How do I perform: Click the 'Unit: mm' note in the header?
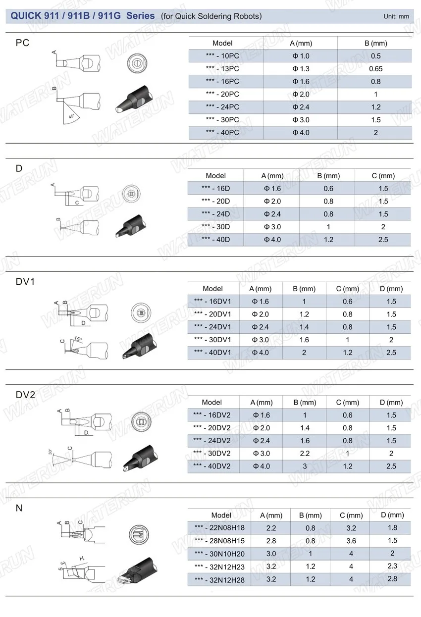click(396, 16)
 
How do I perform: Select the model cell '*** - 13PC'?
click(222, 69)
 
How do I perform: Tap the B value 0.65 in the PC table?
click(375, 69)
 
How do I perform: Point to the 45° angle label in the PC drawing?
click(71, 116)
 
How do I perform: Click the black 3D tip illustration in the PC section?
click(134, 99)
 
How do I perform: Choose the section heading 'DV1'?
click(25, 281)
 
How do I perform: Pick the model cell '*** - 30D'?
click(216, 227)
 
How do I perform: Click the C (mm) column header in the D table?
click(383, 176)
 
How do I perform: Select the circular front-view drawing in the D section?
click(131, 193)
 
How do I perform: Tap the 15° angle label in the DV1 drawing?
click(78, 339)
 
